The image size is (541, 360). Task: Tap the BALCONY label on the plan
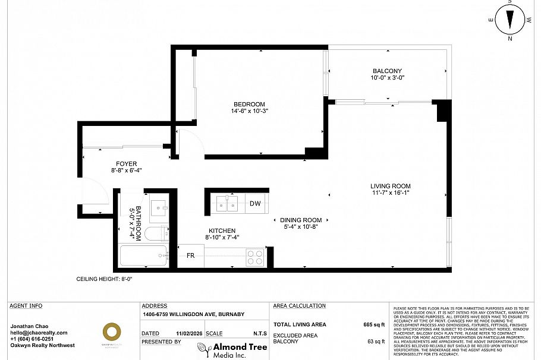[x=387, y=71]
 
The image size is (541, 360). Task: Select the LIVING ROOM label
[x=391, y=186]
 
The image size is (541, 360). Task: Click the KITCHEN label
[x=222, y=230]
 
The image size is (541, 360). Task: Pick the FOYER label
[x=125, y=164]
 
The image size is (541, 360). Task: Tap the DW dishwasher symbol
[x=254, y=204]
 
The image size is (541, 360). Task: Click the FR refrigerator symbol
[x=191, y=255]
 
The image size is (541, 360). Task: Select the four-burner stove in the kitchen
[x=255, y=257]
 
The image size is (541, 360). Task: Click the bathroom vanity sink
[x=158, y=208]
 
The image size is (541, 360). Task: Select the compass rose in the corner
[x=509, y=21]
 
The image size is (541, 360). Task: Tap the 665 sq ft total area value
[x=375, y=325]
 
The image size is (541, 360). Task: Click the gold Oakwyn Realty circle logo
[x=112, y=331]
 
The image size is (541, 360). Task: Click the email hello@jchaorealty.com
[x=39, y=333]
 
